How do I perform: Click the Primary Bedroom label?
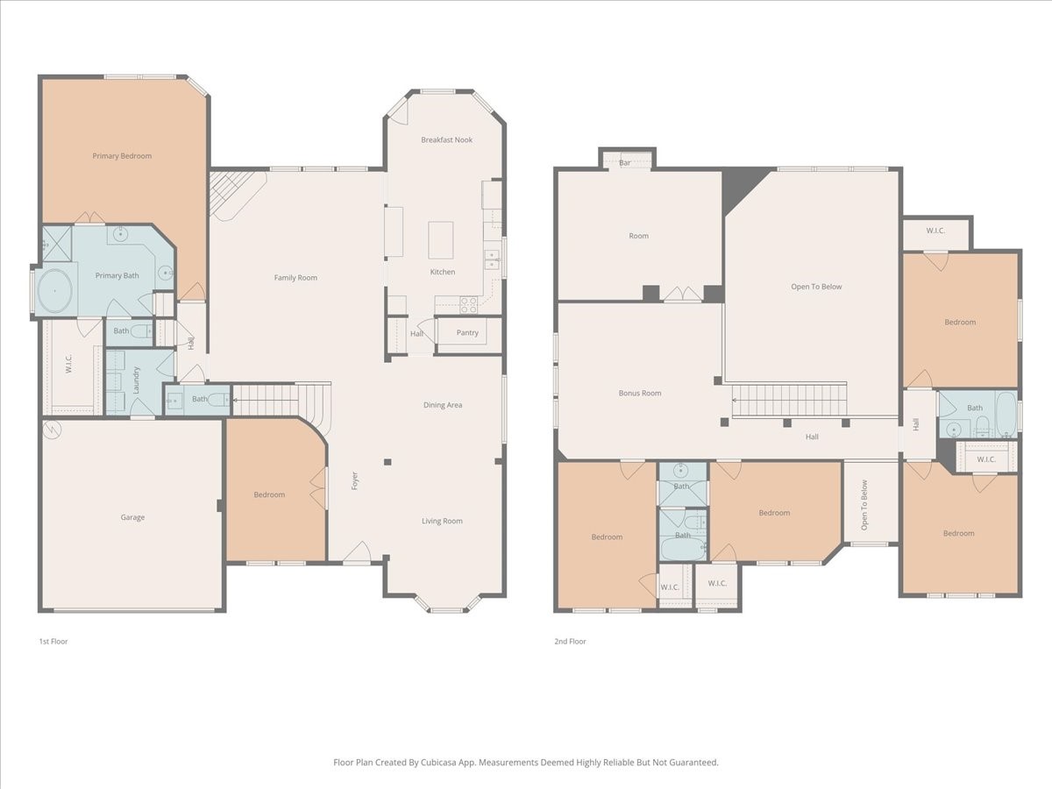click(122, 156)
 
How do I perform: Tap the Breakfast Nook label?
click(447, 140)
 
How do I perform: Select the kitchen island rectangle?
click(440, 240)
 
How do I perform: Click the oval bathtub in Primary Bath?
click(54, 291)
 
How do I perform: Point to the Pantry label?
click(467, 332)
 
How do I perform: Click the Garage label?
click(132, 517)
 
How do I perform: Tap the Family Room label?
click(295, 277)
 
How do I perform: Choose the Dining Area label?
click(443, 405)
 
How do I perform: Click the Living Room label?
click(443, 521)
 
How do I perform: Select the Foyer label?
click(355, 481)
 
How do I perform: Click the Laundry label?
click(136, 380)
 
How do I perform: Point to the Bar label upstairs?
click(625, 163)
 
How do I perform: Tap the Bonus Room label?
click(640, 393)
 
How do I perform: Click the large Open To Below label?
click(816, 287)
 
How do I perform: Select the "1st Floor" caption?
click(53, 641)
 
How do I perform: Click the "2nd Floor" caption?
click(570, 641)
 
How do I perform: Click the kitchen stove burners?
click(469, 305)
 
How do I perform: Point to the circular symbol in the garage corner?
click(53, 430)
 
